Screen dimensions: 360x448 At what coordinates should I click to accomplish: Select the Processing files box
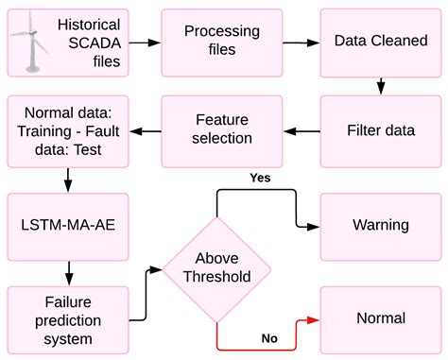[x=222, y=43]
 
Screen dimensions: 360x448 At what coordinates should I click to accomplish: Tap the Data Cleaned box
[x=379, y=43]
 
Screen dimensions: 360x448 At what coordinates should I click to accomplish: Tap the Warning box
[x=379, y=225]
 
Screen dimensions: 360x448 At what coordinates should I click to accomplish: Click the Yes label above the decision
[x=259, y=177]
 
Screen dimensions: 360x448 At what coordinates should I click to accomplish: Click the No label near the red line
[x=269, y=337]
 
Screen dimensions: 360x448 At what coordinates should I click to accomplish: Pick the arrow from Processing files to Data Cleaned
[x=302, y=43]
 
